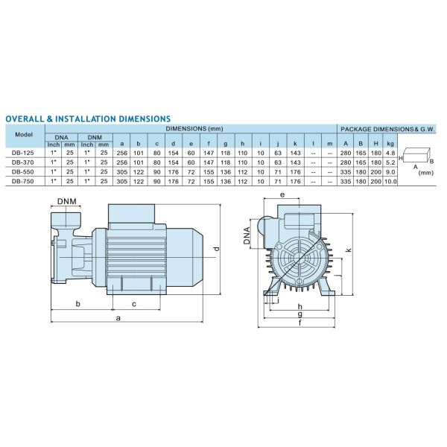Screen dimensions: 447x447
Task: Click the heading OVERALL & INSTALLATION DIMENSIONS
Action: point(88,118)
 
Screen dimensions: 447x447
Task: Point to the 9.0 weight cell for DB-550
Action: point(389,171)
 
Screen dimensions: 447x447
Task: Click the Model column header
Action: point(24,135)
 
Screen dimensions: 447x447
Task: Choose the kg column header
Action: point(389,144)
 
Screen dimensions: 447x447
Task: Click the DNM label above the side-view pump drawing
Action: point(69,202)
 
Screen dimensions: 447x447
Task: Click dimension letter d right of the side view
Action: point(215,248)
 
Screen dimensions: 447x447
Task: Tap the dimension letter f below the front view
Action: point(300,323)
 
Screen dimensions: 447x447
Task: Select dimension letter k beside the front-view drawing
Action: point(349,250)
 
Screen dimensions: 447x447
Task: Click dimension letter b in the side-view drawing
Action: point(78,303)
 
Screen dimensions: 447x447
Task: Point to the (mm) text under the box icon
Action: point(426,172)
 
